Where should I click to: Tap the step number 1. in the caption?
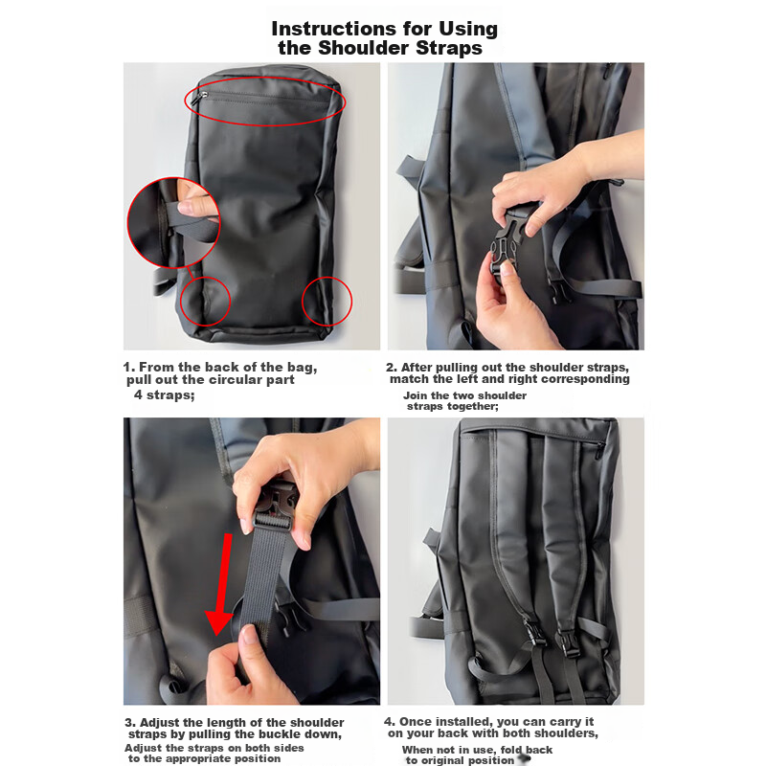click(128, 367)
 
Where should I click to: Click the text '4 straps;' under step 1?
click(164, 394)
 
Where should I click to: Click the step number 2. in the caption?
click(392, 368)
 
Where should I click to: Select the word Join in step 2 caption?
click(416, 395)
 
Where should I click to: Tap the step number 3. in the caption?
click(130, 723)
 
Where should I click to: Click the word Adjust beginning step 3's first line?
click(158, 723)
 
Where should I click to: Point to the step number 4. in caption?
click(390, 722)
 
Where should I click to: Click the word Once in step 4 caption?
click(415, 722)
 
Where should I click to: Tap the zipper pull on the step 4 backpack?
click(598, 451)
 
